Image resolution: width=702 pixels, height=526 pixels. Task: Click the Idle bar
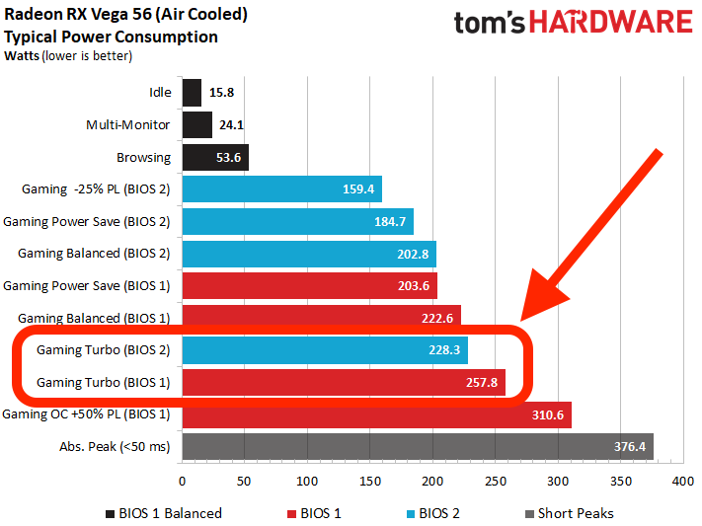(192, 93)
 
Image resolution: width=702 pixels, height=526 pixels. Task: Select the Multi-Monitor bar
(196, 125)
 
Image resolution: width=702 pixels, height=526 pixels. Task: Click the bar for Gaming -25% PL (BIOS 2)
(281, 189)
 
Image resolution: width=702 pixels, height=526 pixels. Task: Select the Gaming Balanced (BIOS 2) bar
(308, 254)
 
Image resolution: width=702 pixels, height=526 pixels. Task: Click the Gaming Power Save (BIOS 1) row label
(87, 286)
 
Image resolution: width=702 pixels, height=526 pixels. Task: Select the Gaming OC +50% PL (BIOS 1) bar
(376, 415)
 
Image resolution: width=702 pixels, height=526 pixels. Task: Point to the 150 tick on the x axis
(370, 484)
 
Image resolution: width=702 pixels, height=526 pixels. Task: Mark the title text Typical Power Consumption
(112, 37)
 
